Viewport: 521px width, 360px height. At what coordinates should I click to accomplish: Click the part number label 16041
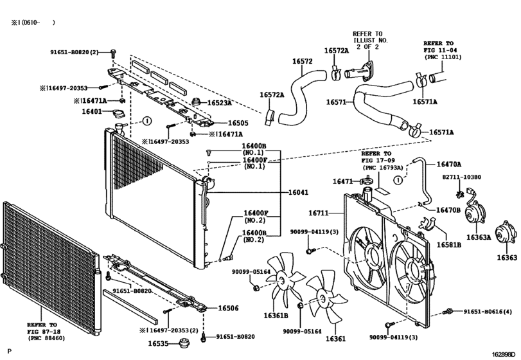298,192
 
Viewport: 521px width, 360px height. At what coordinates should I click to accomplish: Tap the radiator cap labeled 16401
118,114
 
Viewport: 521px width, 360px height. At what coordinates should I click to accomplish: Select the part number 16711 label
318,213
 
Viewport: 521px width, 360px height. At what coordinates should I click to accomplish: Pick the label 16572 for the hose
302,62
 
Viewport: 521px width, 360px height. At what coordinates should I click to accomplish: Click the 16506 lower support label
228,308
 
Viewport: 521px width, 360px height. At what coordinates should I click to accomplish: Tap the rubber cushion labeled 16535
183,343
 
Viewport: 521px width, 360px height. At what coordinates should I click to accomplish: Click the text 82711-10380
461,177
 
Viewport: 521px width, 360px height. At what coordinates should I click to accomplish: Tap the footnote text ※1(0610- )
33,22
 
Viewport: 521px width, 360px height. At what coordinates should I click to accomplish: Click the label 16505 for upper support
238,123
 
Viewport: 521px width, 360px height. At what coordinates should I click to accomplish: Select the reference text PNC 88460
46,338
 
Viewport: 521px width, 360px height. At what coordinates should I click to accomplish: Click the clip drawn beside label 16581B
427,223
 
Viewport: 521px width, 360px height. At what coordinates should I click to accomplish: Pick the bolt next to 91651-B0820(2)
113,53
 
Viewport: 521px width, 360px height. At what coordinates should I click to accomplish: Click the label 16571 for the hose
336,102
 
